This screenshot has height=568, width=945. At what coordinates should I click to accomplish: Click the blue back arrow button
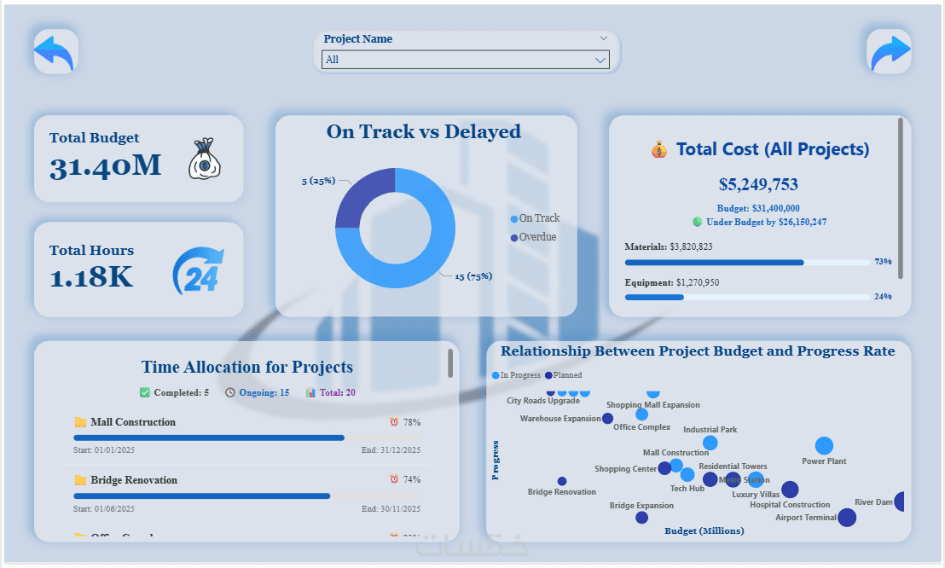[x=55, y=51]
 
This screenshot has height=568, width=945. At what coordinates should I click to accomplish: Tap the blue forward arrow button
[x=889, y=51]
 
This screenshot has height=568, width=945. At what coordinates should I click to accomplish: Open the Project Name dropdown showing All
[x=466, y=60]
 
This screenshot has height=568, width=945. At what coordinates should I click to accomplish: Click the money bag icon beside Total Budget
[x=205, y=159]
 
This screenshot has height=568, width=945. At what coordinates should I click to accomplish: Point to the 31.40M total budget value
[x=105, y=165]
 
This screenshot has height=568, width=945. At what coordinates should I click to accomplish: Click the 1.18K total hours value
[x=91, y=277]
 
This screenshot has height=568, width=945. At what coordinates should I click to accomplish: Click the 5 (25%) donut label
[x=318, y=181]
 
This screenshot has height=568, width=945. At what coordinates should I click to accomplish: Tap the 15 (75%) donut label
[x=472, y=276]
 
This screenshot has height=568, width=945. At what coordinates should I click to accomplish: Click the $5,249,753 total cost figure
[x=758, y=184]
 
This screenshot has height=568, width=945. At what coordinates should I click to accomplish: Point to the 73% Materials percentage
[x=883, y=262]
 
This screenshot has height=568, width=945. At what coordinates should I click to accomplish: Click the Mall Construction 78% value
[x=411, y=422]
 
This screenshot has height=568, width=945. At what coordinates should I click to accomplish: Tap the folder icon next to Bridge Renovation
[x=81, y=480]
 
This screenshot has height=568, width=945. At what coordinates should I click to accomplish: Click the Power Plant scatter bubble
[x=824, y=445]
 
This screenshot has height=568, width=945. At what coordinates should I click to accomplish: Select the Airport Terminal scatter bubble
[x=846, y=517]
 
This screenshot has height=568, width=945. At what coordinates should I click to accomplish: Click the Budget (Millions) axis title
[x=704, y=530]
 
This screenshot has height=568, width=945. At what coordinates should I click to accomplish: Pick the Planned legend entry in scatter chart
[x=564, y=375]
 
